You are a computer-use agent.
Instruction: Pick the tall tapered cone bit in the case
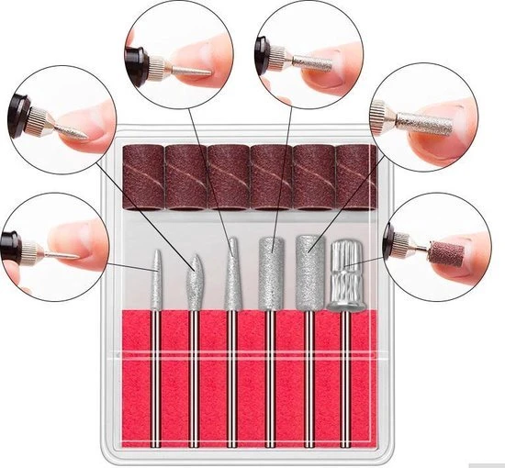point(232,271)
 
